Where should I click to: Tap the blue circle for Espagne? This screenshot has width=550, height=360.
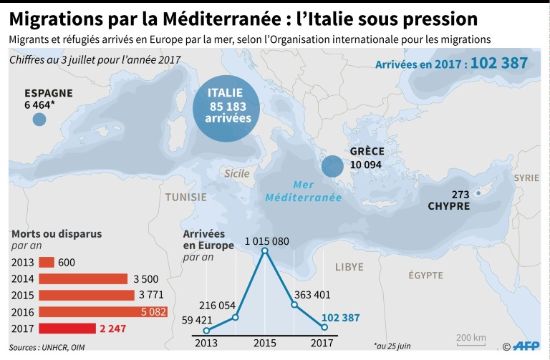[x=39, y=119]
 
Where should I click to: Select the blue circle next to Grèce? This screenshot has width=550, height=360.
[x=332, y=166]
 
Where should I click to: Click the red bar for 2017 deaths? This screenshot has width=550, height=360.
[x=67, y=328]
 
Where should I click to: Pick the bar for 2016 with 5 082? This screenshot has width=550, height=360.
[x=103, y=311]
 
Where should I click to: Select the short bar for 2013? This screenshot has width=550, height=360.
[x=47, y=262]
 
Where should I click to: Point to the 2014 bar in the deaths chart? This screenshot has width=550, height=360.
[x=83, y=278]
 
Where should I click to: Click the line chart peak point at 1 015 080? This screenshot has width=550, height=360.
[x=265, y=251]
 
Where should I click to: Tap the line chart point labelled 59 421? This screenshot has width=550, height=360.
[x=207, y=330]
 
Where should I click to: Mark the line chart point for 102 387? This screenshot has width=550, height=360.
[x=324, y=328]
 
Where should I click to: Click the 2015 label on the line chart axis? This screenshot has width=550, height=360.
[x=265, y=343]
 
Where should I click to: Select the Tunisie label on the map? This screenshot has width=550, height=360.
[x=185, y=197]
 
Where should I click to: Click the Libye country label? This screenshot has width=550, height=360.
[x=349, y=267]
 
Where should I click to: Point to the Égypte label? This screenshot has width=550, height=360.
[x=426, y=276]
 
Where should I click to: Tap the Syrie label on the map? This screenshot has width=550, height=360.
[x=526, y=177]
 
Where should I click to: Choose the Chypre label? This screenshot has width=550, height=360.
[x=450, y=206]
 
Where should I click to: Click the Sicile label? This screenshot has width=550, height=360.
[x=237, y=173]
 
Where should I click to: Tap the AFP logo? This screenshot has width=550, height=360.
[x=525, y=346]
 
